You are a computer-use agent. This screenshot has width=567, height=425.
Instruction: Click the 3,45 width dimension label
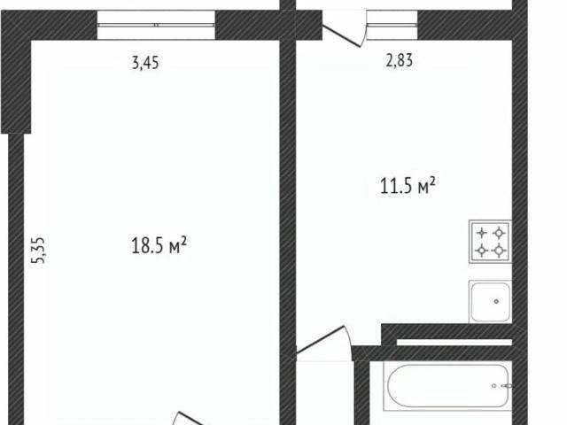[145, 63]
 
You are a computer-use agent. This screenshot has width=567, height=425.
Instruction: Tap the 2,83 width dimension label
[400, 60]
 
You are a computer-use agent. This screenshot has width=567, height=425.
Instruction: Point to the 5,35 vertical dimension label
[38, 250]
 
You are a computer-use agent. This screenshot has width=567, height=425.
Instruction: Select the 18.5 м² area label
[159, 245]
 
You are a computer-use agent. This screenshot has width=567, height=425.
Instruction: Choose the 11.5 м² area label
[408, 186]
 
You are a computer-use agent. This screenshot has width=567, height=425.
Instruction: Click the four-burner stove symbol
[490, 242]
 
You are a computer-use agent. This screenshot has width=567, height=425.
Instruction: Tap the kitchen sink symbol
[490, 301]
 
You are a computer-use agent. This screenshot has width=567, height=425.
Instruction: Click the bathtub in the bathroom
[448, 386]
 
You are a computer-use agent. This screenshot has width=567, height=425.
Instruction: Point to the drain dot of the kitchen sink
[496, 301]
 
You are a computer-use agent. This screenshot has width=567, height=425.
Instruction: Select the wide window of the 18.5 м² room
[156, 25]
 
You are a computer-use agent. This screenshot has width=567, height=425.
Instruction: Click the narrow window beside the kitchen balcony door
[392, 25]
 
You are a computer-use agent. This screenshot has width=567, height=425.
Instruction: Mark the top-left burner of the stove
[482, 233]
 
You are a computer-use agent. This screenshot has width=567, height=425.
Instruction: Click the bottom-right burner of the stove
[499, 250]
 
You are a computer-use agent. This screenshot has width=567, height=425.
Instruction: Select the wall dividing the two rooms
[288, 212]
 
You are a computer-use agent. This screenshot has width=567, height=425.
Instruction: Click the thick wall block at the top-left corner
[16, 73]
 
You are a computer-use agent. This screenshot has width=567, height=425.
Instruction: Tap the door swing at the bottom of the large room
[191, 419]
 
